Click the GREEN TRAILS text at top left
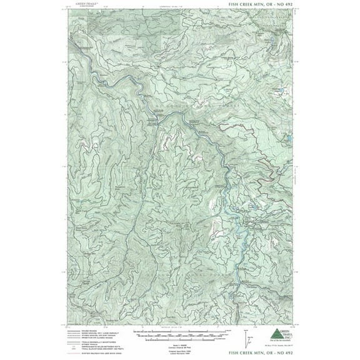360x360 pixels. (x=86, y=3)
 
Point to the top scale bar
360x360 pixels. (x=163, y=329)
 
